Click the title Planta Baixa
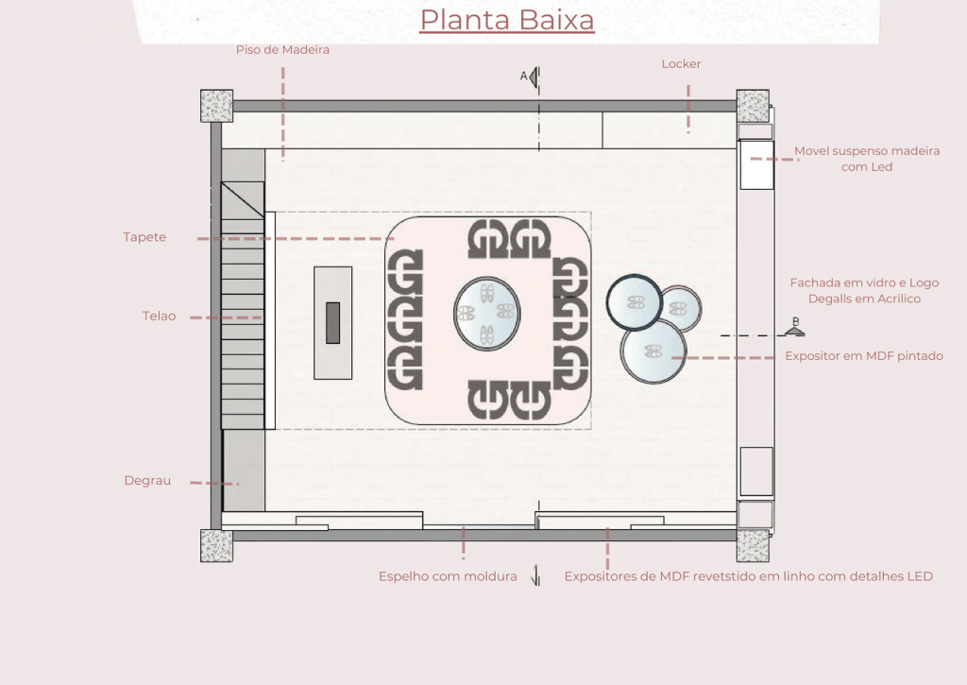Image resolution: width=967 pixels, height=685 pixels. [507, 20]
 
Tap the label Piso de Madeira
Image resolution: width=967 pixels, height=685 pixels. [282, 50]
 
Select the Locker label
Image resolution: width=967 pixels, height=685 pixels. [681, 64]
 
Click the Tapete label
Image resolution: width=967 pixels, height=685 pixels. [144, 237]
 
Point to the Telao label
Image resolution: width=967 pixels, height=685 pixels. [159, 316]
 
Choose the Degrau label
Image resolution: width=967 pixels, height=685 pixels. [147, 481]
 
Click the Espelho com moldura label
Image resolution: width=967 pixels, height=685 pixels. [448, 576]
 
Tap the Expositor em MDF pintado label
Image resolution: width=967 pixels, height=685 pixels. [864, 356]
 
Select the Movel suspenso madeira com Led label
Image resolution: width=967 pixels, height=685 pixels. [867, 159]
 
